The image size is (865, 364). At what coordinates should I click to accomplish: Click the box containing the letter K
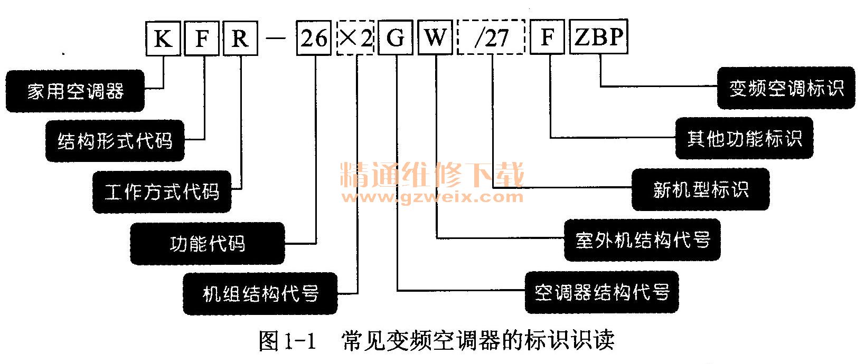click(x=163, y=38)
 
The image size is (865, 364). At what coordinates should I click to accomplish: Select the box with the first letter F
click(x=202, y=38)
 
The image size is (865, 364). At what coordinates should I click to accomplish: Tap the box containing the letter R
click(x=240, y=38)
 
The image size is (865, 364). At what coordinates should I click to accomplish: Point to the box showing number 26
click(x=314, y=38)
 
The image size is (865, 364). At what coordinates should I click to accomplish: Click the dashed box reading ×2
click(x=355, y=38)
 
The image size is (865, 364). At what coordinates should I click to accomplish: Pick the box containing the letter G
click(x=396, y=38)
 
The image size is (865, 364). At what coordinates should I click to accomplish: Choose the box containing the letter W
click(x=435, y=38)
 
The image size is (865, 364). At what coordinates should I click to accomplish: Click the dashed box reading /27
click(x=491, y=38)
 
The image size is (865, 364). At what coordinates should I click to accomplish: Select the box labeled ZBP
click(x=598, y=38)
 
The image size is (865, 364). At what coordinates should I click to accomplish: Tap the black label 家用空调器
click(x=75, y=91)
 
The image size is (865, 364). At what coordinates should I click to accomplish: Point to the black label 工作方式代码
click(x=162, y=191)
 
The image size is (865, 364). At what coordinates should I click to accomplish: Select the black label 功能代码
click(x=207, y=243)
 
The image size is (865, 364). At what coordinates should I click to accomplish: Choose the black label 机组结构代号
click(x=260, y=293)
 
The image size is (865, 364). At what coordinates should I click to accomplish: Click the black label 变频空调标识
click(x=786, y=88)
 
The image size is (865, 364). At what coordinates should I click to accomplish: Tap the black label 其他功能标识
click(x=744, y=139)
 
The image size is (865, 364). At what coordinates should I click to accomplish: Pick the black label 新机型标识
click(x=700, y=189)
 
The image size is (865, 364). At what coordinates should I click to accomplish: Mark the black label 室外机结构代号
click(x=642, y=240)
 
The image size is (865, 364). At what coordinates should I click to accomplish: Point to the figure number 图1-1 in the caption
click(x=287, y=341)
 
